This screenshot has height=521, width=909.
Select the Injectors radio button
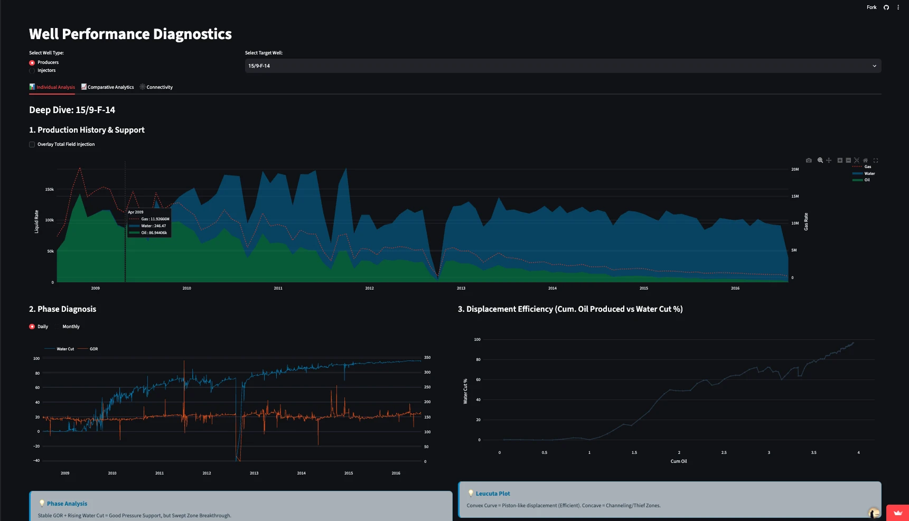32,71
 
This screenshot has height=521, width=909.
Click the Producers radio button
32,63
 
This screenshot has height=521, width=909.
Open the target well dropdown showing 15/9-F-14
563,66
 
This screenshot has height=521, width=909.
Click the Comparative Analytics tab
108,87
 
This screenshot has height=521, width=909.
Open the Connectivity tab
156,87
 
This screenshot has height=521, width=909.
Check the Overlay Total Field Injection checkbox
32,144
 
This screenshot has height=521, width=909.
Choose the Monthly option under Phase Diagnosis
71,327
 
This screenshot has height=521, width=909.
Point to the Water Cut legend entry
60,349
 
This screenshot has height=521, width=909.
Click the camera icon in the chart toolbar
809,160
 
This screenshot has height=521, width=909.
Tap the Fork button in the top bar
871,7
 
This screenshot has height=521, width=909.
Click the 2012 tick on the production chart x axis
370,289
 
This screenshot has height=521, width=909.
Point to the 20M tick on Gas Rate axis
795,170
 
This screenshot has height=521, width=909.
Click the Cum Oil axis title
679,461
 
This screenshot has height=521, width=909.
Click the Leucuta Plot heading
493,494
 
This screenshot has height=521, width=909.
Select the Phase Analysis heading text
67,504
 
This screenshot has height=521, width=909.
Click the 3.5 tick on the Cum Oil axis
813,453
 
